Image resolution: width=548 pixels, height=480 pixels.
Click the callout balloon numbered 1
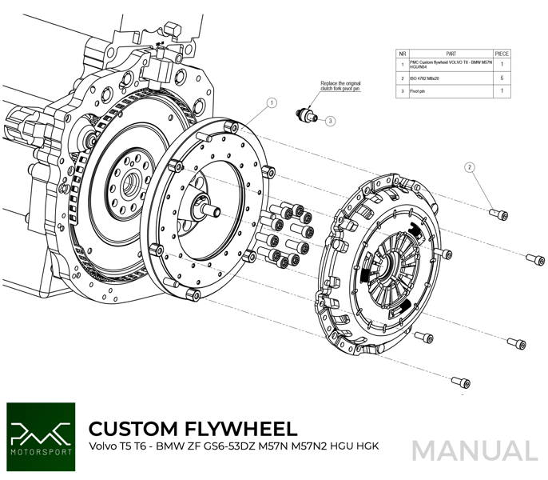click(x=272, y=103)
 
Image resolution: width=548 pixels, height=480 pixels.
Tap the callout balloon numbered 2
click(x=471, y=167)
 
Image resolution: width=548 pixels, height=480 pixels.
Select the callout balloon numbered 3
click(x=330, y=121)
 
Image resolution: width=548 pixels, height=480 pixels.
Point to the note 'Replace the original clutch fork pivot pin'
click(x=340, y=86)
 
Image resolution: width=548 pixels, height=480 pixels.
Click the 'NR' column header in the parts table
click(x=402, y=54)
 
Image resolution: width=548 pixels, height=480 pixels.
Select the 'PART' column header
click(x=450, y=54)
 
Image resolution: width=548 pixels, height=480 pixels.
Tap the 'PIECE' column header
click(x=502, y=54)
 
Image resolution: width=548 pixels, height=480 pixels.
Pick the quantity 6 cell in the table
click(x=502, y=78)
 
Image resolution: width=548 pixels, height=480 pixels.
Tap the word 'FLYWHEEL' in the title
click(x=240, y=429)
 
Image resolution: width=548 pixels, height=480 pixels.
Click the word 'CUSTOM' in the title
click(x=133, y=429)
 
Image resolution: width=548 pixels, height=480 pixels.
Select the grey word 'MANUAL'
click(x=475, y=451)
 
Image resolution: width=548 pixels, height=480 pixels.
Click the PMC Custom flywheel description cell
click(x=450, y=64)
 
